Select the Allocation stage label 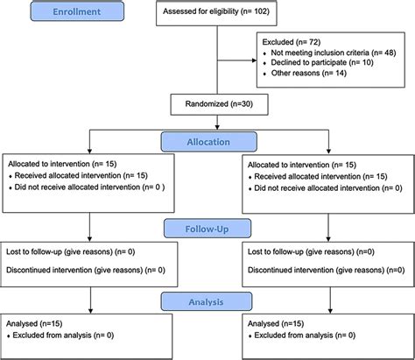(x=207, y=141)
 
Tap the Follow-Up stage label (x=207, y=229)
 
